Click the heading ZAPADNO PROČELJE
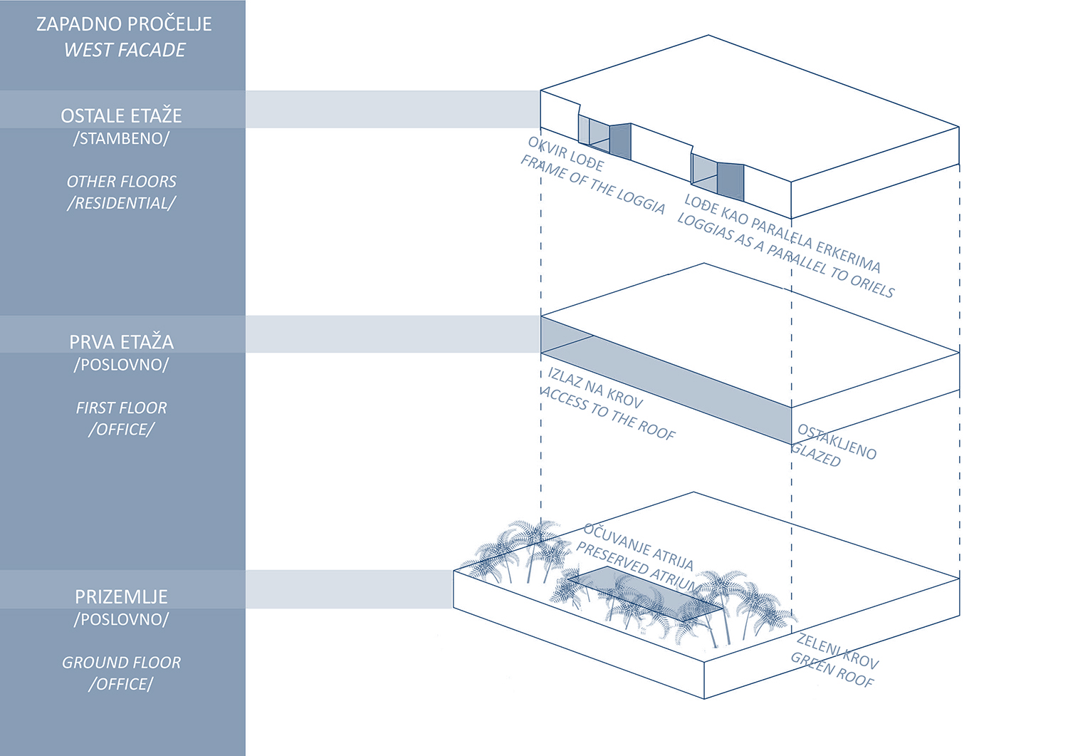(124, 24)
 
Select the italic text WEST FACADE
(125, 50)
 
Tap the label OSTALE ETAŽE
(121, 115)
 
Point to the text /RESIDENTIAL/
(121, 203)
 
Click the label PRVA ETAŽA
(121, 342)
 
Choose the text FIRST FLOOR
(121, 408)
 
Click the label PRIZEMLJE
(121, 596)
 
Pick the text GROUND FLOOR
(121, 663)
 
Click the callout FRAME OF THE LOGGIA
(592, 185)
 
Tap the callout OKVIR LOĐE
(565, 154)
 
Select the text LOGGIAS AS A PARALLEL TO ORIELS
(785, 255)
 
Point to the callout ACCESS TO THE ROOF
(608, 413)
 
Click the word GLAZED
(816, 455)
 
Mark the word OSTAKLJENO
(837, 442)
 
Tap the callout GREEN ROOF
(832, 670)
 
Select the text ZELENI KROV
(837, 651)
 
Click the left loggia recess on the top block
(604, 138)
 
